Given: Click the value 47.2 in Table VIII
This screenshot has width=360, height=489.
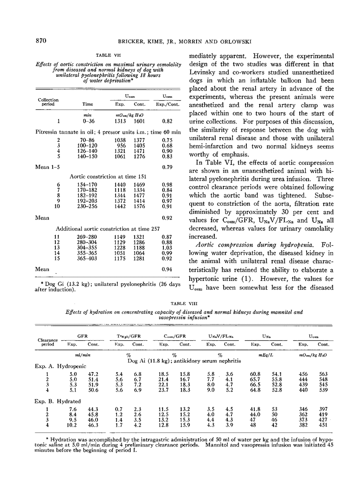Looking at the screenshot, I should [x=94, y=374].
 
